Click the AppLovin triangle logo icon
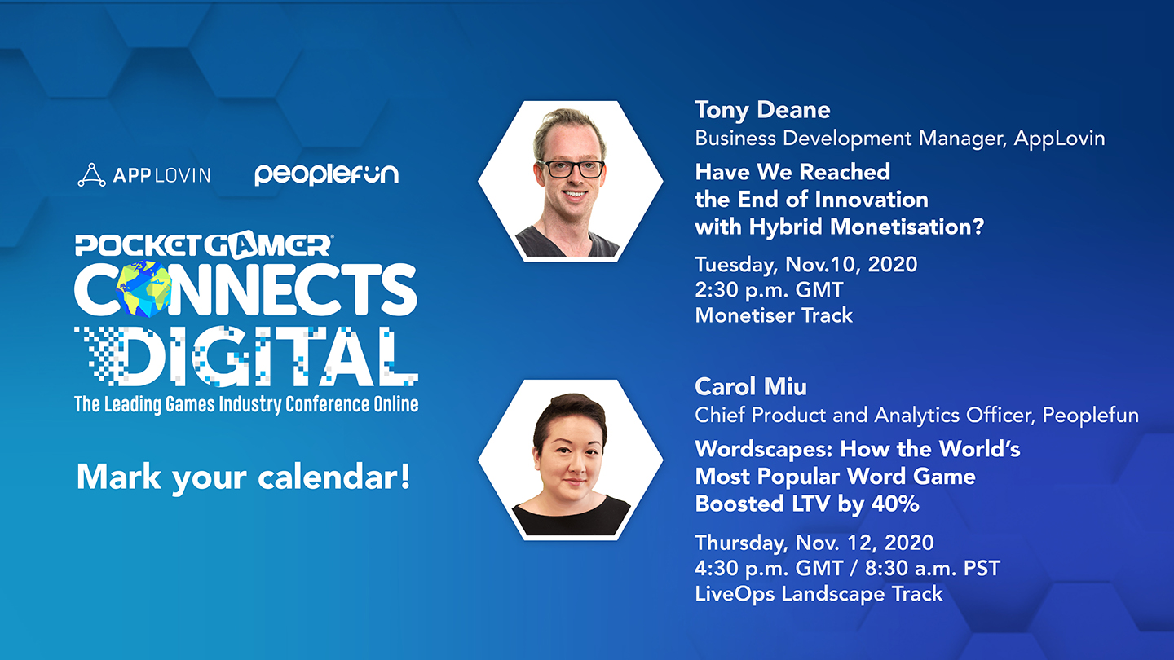coord(91,175)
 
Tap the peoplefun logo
coord(326,174)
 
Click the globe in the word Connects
coord(143,288)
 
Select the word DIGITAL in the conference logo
coord(246,357)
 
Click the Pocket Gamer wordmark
coord(203,245)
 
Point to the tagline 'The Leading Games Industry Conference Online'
coord(246,404)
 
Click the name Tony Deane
coord(762,111)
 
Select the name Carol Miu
coord(751,387)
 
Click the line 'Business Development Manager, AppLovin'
coord(900,139)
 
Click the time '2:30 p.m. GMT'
coord(769,290)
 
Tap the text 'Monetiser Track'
coord(774,315)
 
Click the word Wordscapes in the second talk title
coord(763,450)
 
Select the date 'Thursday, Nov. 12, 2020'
coord(814,543)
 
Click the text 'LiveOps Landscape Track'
coord(819,594)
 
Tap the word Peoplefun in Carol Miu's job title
coord(1090,416)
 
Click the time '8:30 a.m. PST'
coord(933,569)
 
